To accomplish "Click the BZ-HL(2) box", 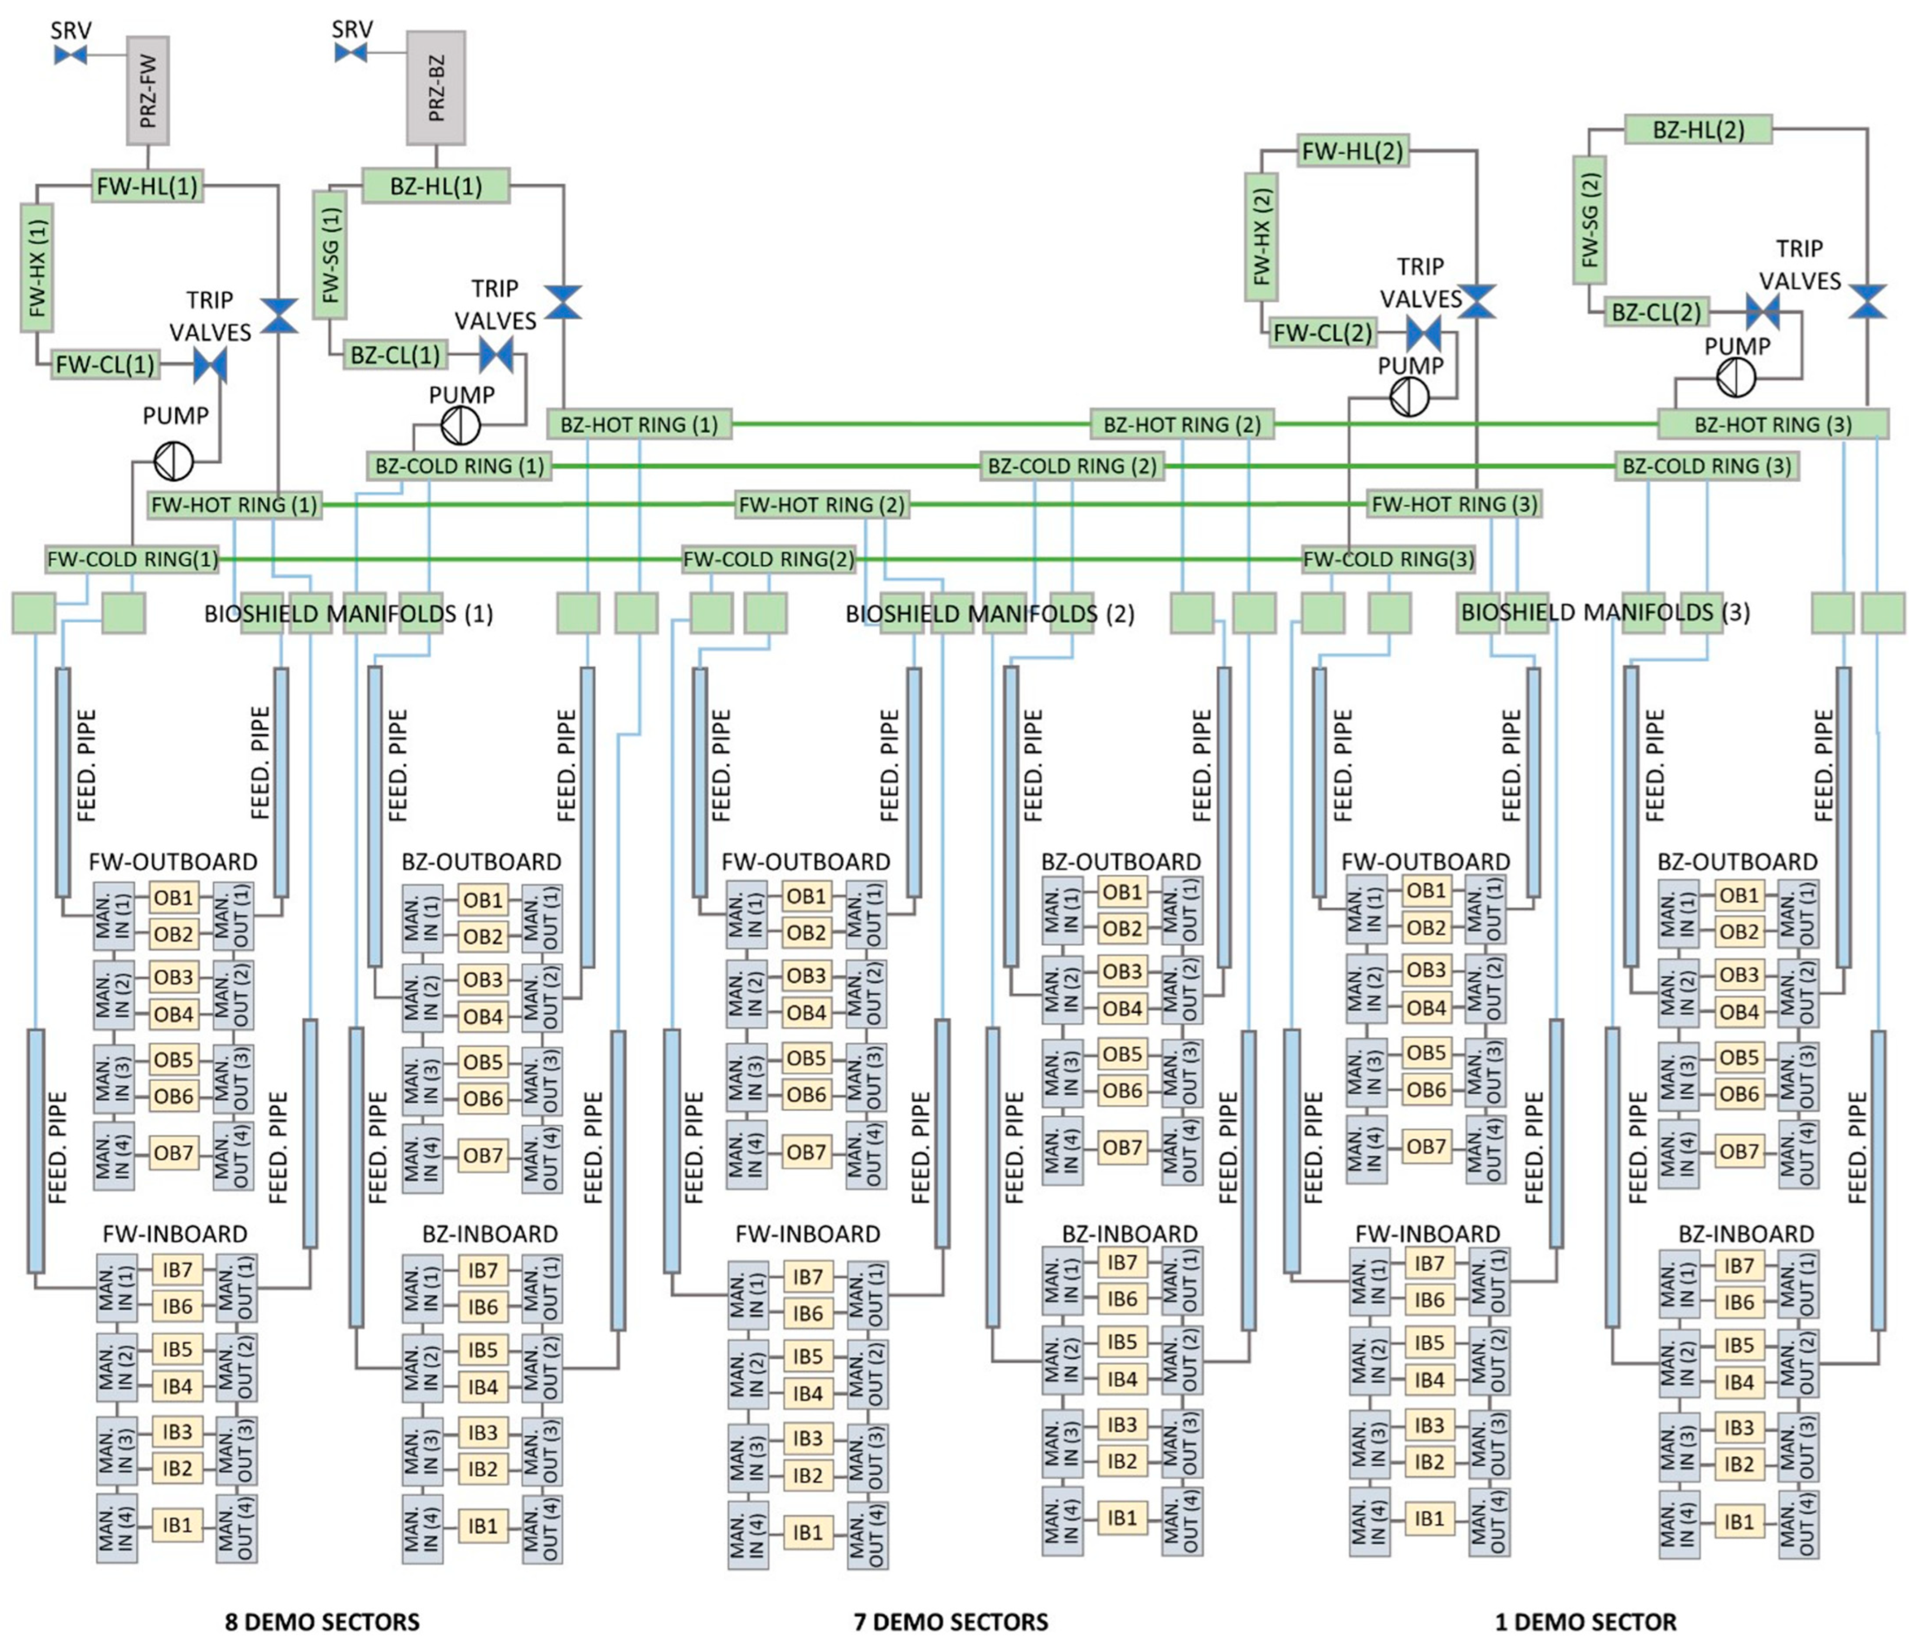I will [x=1698, y=130].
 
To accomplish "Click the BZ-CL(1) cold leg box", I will [x=395, y=355].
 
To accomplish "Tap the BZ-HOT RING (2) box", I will [x=1182, y=424].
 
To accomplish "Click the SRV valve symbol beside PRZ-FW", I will [x=70, y=56].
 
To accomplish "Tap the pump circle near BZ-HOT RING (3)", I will [x=1736, y=377].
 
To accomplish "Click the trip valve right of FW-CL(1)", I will [x=210, y=366].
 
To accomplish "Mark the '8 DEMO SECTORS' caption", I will [x=322, y=1622].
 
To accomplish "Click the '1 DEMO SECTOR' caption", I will [x=1585, y=1622].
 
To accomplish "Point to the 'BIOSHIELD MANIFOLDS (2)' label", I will [x=990, y=614].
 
